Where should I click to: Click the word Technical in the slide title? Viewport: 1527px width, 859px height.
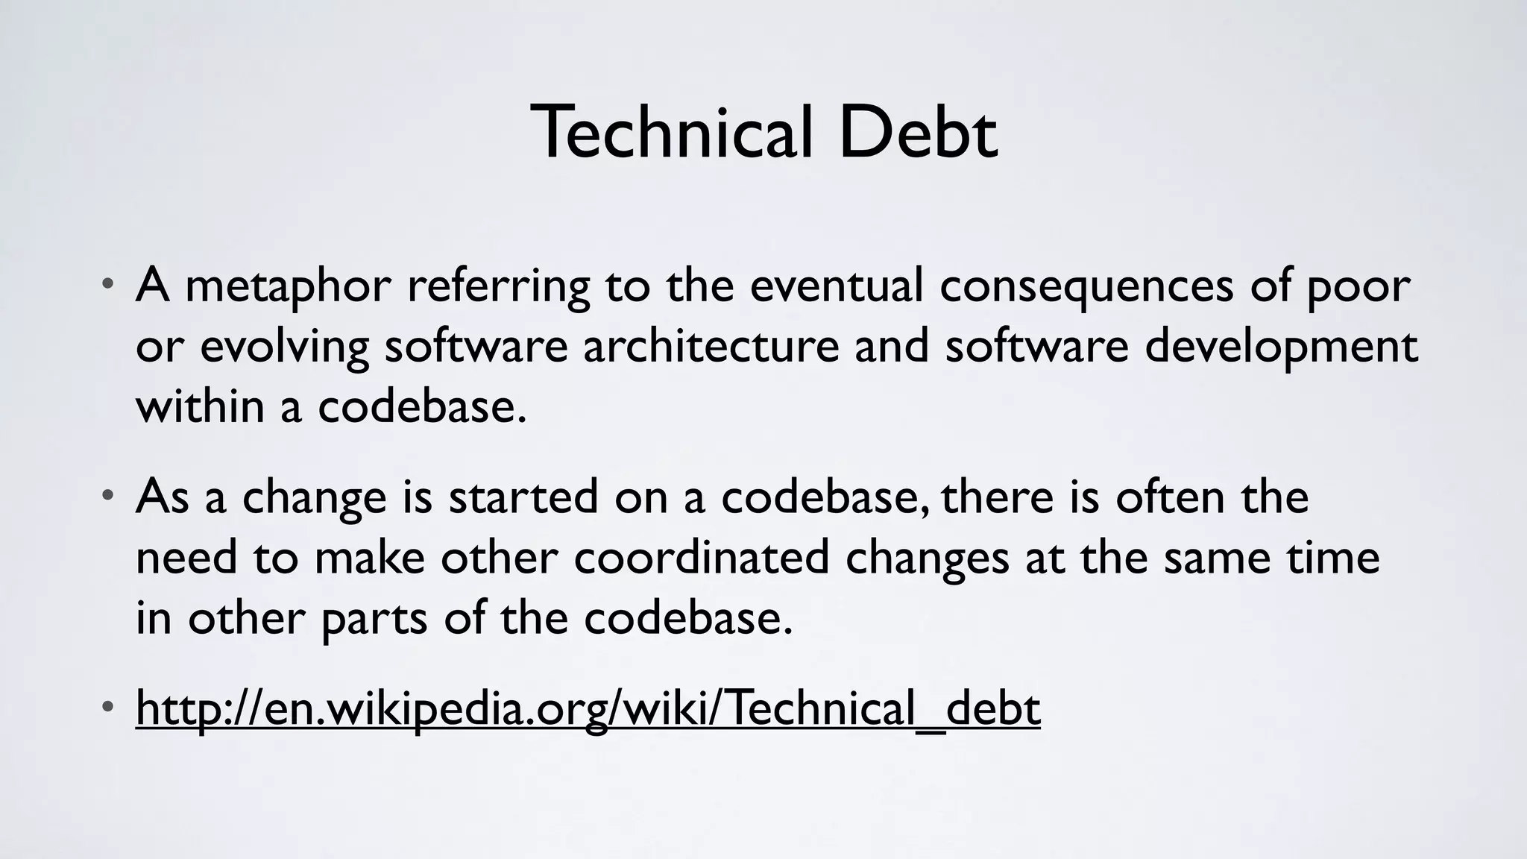[670, 133]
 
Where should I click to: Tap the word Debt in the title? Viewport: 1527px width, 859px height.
[918, 133]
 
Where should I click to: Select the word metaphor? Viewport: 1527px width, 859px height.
[288, 286]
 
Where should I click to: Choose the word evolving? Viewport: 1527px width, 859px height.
[285, 347]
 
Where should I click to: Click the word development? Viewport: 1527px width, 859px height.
[1281, 347]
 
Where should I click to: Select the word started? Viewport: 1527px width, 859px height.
[523, 497]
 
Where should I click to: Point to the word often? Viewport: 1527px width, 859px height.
[1170, 497]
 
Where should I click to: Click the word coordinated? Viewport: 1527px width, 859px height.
[702, 558]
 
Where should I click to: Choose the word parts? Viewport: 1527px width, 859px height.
[374, 619]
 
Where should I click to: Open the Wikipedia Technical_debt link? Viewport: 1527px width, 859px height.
[588, 708]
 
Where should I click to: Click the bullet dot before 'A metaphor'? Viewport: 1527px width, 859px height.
[109, 284]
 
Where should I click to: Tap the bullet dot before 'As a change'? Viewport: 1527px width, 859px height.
[109, 494]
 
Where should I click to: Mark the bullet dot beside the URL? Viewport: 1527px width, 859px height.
[109, 705]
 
